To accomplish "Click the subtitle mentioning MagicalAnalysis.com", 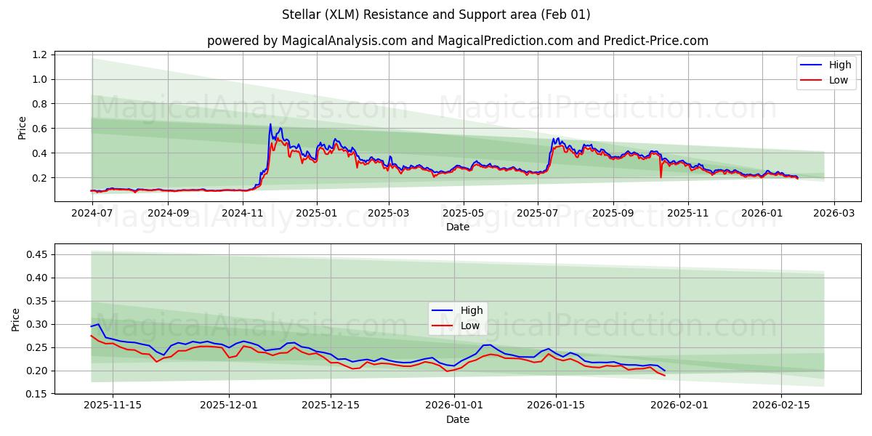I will pyautogui.click(x=457, y=41).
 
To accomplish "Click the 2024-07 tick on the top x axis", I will pyautogui.click(x=92, y=214).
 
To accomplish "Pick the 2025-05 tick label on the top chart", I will pyautogui.click(x=463, y=214).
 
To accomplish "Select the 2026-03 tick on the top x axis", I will pyautogui.click(x=833, y=214).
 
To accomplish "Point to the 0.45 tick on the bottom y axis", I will pyautogui.click(x=36, y=254).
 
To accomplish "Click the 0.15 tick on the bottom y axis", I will pyautogui.click(x=36, y=394).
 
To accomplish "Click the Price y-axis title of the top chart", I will pyautogui.click(x=22, y=128).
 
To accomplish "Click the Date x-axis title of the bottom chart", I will pyautogui.click(x=457, y=419).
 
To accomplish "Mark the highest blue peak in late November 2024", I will pyautogui.click(x=270, y=124).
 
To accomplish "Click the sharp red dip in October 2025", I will pyautogui.click(x=661, y=177).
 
